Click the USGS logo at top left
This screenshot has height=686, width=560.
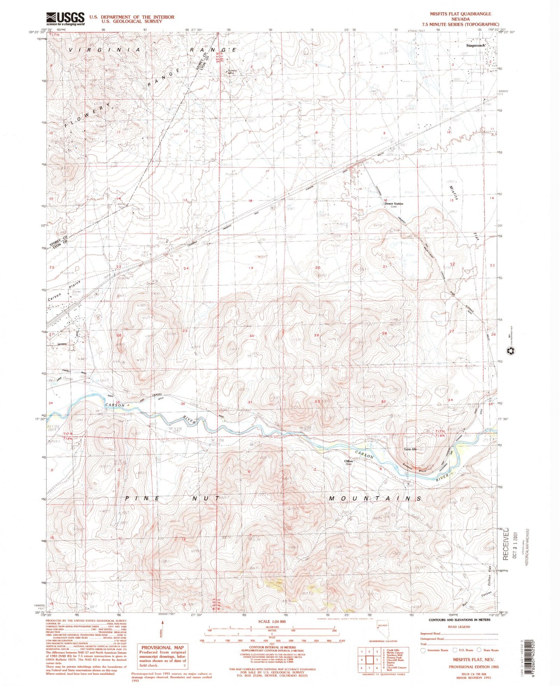pyautogui.click(x=65, y=19)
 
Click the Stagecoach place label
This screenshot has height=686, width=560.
pyautogui.click(x=476, y=45)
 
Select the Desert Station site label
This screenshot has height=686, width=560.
pyautogui.click(x=394, y=204)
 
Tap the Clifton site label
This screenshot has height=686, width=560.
pyautogui.click(x=348, y=461)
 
